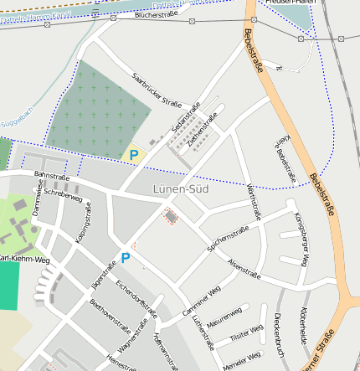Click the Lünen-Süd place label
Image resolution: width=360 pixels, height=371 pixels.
181,189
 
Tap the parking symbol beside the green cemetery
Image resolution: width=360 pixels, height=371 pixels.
134,155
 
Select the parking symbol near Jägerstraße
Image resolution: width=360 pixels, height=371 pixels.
126,258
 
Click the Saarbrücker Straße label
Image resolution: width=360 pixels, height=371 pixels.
157,90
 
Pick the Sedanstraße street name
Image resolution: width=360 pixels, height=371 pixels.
186,119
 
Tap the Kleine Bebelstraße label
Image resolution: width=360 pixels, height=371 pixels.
286,159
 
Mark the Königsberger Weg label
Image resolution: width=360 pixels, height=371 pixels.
302,239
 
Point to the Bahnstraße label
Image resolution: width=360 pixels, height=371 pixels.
51,177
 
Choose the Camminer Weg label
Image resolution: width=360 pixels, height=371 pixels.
202,301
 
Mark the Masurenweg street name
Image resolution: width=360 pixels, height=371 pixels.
224,318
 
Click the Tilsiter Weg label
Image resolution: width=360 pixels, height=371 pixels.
245,337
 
